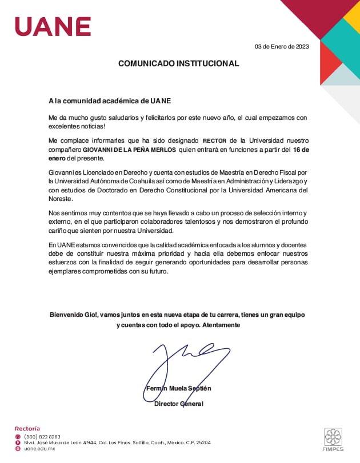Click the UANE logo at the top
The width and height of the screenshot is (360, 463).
pyautogui.click(x=53, y=26)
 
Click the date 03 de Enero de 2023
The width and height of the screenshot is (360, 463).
pyautogui.click(x=282, y=46)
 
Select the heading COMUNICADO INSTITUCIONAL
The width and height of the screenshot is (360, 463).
pyautogui.click(x=178, y=63)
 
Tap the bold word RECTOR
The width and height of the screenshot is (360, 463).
pyautogui.click(x=215, y=140)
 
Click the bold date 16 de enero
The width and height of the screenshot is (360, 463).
pyautogui.click(x=301, y=150)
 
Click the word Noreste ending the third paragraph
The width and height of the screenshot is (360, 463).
pyautogui.click(x=62, y=200)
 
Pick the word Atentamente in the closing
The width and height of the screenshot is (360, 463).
pyautogui.click(x=220, y=325)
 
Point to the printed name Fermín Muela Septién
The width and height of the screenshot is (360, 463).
pyautogui.click(x=178, y=388)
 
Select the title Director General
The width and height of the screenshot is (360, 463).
pyautogui.click(x=178, y=404)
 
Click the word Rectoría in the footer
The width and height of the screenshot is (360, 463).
pyautogui.click(x=27, y=428)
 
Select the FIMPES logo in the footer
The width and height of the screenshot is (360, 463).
pyautogui.click(x=333, y=440)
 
